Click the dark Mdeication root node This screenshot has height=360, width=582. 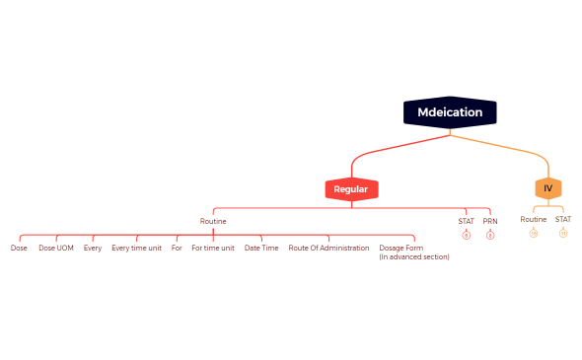[x=450, y=112]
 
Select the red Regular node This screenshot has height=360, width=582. [x=351, y=188]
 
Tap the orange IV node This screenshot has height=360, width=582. [x=547, y=188]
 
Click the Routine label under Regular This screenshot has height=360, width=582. [x=213, y=221]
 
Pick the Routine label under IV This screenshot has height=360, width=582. [x=534, y=219]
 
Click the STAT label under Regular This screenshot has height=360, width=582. [x=467, y=221]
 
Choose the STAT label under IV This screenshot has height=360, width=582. [x=563, y=219]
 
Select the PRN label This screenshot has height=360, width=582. [x=490, y=221]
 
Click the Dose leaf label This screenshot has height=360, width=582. [x=19, y=248]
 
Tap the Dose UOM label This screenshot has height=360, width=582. [x=56, y=248]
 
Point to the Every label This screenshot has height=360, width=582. [x=93, y=248]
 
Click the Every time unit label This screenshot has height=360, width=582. [x=136, y=248]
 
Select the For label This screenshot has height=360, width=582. [x=177, y=248]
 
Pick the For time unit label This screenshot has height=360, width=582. [x=213, y=248]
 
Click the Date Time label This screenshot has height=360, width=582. [x=261, y=248]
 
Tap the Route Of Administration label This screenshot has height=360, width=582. [x=328, y=248]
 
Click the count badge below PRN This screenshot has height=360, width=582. [x=490, y=235]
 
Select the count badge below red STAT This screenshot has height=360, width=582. [x=467, y=235]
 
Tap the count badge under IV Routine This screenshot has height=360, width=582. [x=534, y=233]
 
